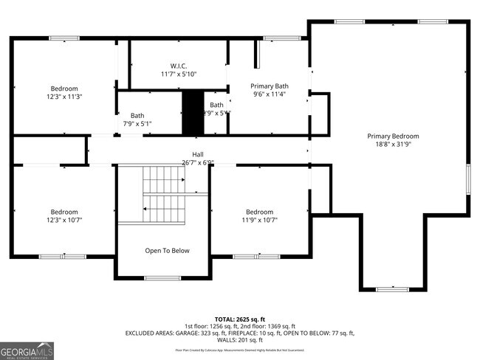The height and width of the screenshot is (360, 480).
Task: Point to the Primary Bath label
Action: tap(270, 86)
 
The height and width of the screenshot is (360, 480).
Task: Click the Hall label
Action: tap(198, 154)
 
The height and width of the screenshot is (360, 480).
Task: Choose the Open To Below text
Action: tap(166, 251)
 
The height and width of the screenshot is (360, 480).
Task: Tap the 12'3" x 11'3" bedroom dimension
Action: tap(64, 97)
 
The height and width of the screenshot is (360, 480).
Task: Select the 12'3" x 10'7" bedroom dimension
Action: tap(64, 220)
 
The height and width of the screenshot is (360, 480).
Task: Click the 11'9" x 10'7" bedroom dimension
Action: tap(259, 220)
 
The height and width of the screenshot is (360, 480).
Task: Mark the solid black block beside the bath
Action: tap(192, 112)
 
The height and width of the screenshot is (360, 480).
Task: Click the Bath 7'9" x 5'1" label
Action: tap(137, 120)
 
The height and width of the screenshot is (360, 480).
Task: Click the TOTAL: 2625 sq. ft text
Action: tap(239, 318)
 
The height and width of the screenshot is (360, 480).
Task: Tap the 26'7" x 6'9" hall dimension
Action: tap(198, 162)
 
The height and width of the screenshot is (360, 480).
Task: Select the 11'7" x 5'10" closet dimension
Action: tap(179, 74)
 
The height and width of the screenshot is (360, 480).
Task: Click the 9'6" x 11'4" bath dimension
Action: tap(270, 94)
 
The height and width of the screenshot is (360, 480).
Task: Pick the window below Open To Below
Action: tap(161, 278)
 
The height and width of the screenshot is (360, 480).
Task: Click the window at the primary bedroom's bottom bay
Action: tap(392, 289)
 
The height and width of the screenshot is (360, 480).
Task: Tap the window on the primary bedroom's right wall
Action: tap(467, 180)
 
